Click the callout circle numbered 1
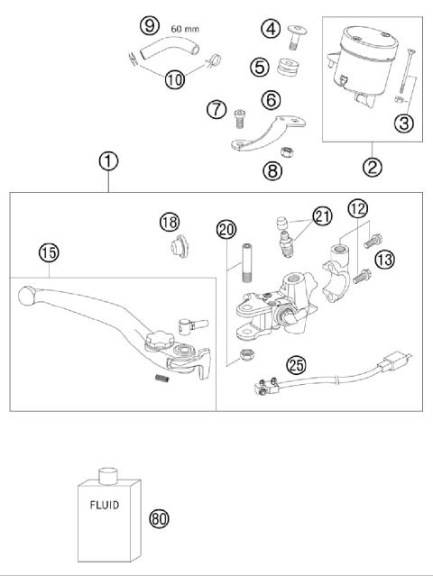coord(107,162)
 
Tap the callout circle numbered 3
coord(405,123)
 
